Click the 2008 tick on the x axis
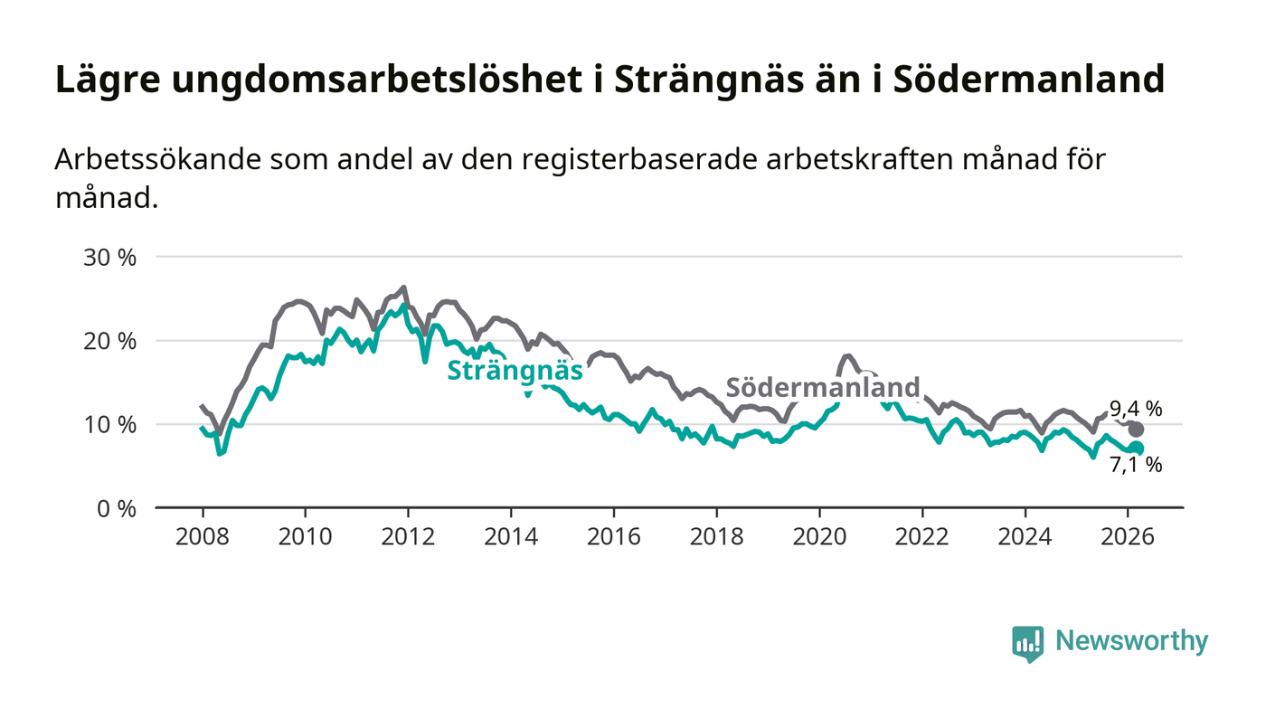202,536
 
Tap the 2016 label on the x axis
613,536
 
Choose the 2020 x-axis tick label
818,536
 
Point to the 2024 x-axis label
1025,536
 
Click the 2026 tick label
1127,536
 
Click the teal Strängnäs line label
515,371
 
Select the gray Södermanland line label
823,387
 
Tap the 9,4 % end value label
1137,409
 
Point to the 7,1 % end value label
1137,466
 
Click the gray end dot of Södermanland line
1136,430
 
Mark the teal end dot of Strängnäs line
1136,449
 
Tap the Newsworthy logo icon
1027,643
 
